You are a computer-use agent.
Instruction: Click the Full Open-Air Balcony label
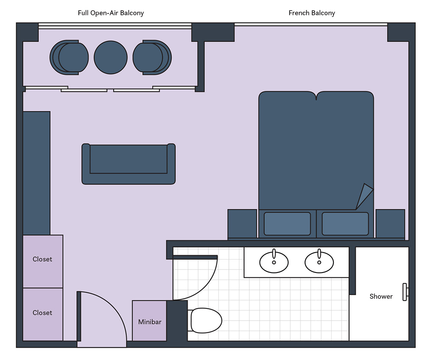click(x=111, y=13)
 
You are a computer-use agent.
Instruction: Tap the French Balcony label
click(x=312, y=13)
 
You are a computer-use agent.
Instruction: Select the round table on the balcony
click(x=111, y=58)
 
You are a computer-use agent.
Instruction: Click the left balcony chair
click(x=69, y=58)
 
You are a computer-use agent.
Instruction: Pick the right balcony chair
click(x=152, y=58)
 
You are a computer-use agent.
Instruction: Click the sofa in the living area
click(x=129, y=164)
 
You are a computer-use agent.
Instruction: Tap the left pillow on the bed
click(x=287, y=224)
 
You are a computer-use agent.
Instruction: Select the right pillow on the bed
click(x=345, y=224)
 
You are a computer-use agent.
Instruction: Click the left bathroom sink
click(x=274, y=262)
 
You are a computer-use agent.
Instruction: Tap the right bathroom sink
click(x=319, y=262)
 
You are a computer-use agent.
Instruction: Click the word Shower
click(x=381, y=296)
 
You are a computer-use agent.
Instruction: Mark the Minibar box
click(x=150, y=321)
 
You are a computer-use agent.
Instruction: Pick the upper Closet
click(x=43, y=261)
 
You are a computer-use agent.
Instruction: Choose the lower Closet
click(x=43, y=315)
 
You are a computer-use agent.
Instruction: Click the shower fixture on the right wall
click(x=405, y=292)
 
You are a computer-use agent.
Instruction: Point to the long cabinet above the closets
click(x=36, y=173)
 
